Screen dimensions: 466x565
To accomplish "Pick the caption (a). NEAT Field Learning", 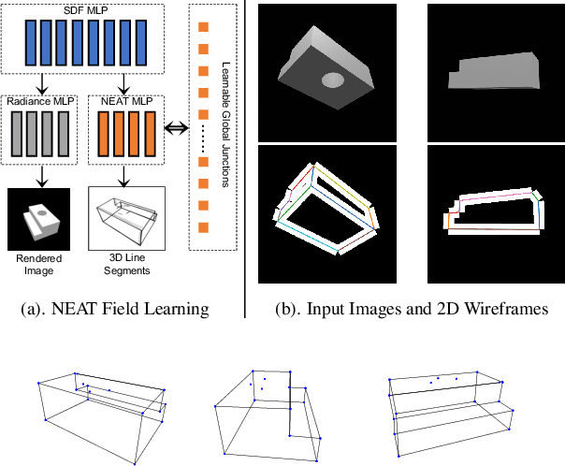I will click(x=116, y=305).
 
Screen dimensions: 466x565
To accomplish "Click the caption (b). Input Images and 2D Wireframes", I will click(x=411, y=305).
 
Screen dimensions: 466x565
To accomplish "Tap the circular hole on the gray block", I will click(x=331, y=81).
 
